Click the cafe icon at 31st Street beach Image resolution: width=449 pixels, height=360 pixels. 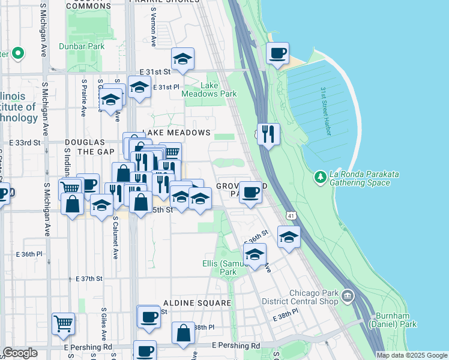277,53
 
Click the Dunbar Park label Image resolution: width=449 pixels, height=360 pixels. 82,46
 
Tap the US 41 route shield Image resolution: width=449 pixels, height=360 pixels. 290,214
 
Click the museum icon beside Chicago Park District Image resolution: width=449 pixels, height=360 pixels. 348,296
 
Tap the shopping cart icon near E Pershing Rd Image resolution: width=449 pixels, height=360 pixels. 63,324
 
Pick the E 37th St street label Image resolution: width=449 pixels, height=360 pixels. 89,279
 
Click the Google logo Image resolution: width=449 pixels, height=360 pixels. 20,353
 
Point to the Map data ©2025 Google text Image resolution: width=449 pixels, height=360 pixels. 412,355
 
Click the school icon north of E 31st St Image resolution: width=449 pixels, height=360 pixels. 183,59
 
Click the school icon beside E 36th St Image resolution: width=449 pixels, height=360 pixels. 289,238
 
